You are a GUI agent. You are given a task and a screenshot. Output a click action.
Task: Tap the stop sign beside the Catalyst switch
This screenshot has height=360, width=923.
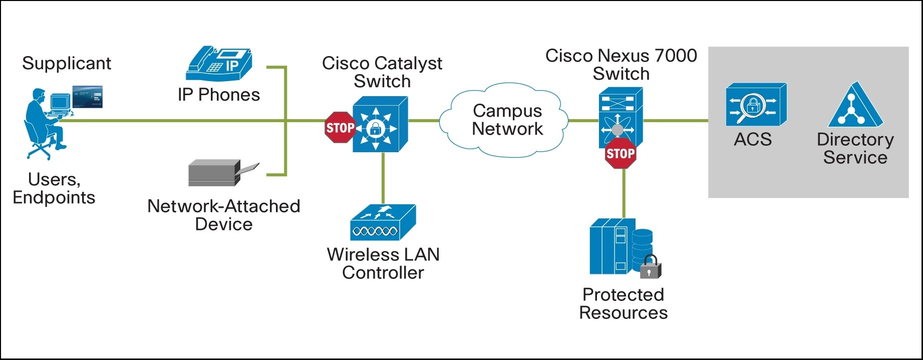[340, 128]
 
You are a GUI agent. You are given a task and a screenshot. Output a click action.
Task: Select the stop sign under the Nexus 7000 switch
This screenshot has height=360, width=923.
[621, 153]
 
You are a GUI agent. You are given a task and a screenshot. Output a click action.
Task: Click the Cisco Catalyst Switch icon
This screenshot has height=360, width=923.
[380, 124]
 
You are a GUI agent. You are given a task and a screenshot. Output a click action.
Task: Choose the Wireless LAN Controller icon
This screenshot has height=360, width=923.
[383, 222]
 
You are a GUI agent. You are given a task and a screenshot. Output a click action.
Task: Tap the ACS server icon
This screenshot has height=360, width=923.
[756, 105]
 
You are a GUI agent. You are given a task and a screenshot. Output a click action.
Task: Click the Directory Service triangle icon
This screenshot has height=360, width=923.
[855, 105]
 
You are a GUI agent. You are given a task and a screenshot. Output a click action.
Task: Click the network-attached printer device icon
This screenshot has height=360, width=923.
[223, 173]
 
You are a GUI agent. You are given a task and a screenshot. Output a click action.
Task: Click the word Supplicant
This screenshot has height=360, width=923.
[67, 64]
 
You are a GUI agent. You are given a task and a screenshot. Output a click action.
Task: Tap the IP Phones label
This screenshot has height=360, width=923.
[219, 95]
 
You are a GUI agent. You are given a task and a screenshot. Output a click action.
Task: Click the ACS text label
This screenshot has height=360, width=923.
[753, 139]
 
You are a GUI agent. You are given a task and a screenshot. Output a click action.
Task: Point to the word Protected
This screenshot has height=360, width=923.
[624, 294]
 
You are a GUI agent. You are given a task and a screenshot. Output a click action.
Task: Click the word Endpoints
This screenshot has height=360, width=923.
[54, 198]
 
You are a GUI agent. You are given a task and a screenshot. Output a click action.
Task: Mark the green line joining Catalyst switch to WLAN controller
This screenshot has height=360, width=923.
[383, 178]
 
